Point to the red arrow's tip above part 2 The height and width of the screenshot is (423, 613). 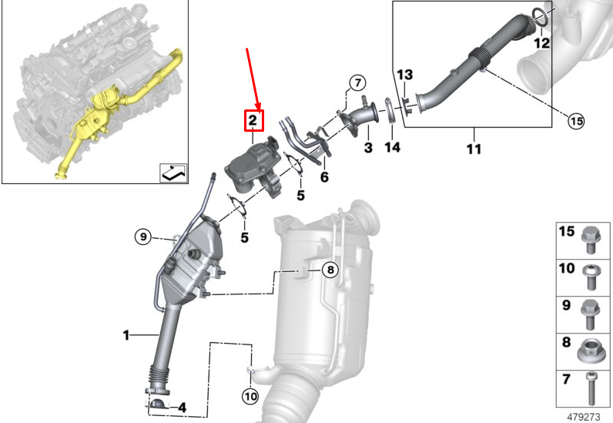point(258,108)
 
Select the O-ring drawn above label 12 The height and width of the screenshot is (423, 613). point(542,15)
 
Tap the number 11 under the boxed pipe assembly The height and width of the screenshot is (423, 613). point(474,149)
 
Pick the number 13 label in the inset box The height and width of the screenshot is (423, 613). point(404,75)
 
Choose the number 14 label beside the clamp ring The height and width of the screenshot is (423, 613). point(392,146)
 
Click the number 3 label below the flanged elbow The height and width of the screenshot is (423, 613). point(368,146)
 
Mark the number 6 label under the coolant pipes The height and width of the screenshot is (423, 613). point(324,177)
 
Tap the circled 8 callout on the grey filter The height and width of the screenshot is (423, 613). point(329,270)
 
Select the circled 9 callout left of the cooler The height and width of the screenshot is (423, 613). point(143,237)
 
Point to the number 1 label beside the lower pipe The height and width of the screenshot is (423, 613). point(126,335)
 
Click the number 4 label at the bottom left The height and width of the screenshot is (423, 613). point(182,407)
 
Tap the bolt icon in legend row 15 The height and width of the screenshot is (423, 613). point(591,238)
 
